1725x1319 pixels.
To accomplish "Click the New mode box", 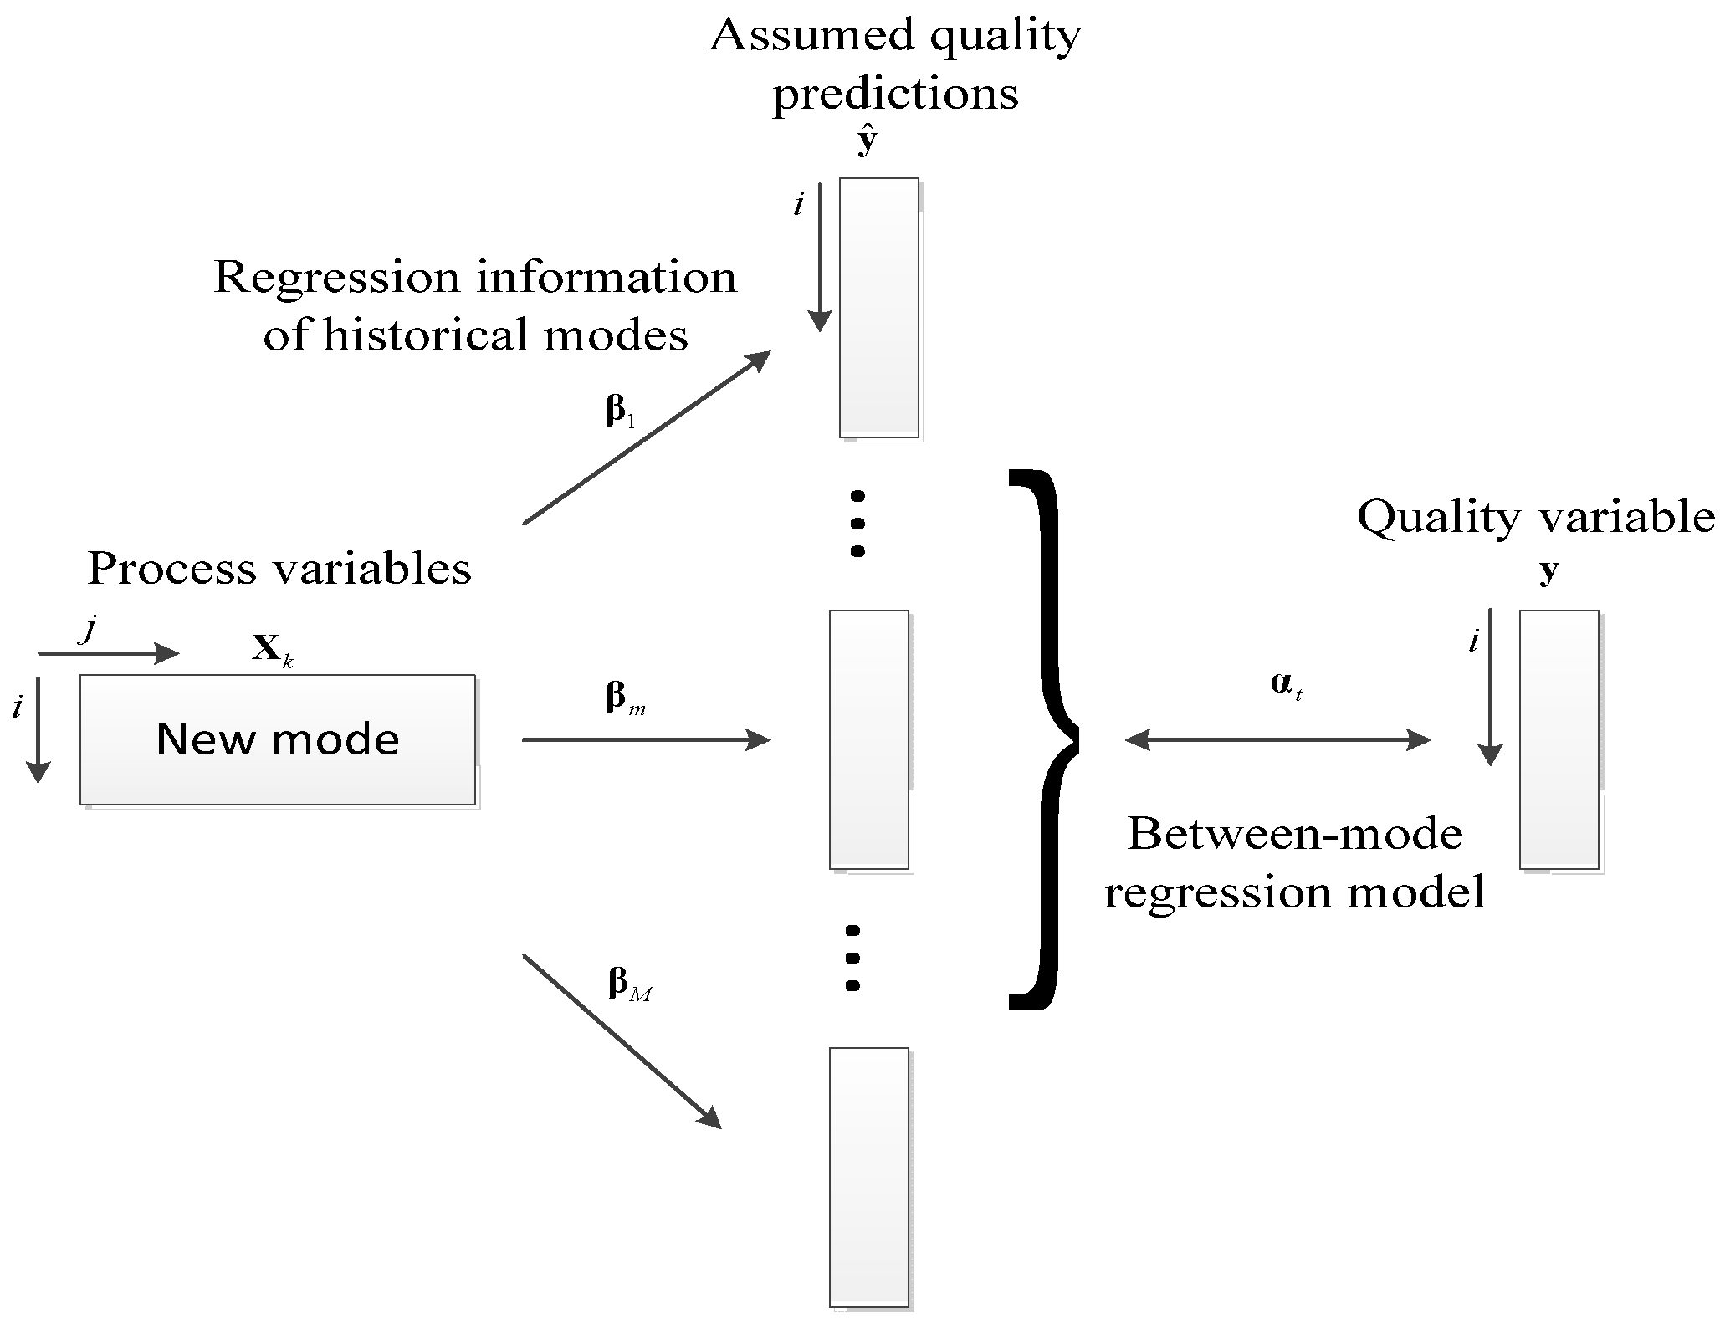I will tap(278, 739).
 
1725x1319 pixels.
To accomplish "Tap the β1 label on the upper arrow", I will tap(620, 412).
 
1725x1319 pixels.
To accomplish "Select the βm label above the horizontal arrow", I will tap(624, 698).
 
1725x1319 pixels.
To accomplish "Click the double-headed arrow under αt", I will tap(1277, 739).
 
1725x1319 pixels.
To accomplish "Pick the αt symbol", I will tap(1286, 687).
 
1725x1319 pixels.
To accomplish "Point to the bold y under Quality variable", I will tap(1549, 570).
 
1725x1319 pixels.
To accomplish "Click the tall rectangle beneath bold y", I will tap(1559, 739).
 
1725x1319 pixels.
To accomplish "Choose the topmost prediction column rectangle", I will tap(878, 307).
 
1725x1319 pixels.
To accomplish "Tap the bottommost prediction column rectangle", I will tap(868, 1177).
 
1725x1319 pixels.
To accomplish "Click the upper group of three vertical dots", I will tap(857, 524).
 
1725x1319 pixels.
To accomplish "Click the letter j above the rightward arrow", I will tap(87, 629).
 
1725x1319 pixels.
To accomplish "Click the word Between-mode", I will tap(1294, 834).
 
